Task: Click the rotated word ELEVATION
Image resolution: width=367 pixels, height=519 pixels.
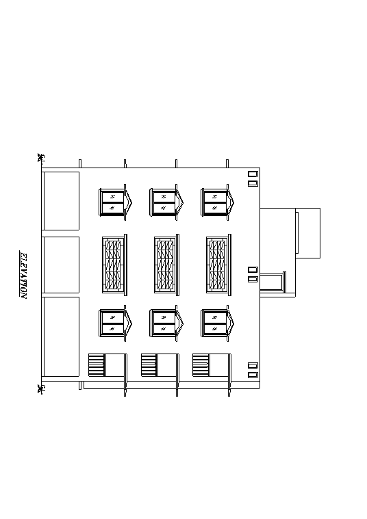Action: tap(24, 276)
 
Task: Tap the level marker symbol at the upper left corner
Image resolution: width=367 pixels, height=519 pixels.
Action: tap(42, 157)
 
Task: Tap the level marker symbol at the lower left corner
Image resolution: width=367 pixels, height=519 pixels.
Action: tap(42, 389)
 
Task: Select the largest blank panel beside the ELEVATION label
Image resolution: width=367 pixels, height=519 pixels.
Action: tap(62, 336)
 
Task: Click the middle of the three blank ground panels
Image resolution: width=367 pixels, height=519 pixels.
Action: tap(62, 265)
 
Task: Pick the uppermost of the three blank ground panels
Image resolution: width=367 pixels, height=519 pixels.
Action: tap(62, 200)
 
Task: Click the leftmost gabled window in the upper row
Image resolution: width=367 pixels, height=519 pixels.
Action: tap(115, 202)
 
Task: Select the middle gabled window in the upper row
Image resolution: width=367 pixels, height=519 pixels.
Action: tap(167, 202)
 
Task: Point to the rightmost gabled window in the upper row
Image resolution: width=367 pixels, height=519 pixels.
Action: tap(218, 202)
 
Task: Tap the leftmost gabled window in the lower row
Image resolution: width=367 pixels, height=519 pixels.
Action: tap(115, 323)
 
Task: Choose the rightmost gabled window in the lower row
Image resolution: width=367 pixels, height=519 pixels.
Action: tap(218, 323)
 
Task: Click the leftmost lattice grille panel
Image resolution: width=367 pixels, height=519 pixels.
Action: tap(114, 265)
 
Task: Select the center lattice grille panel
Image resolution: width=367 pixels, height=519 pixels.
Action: tap(166, 265)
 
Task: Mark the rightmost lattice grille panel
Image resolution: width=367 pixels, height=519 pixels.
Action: tap(218, 265)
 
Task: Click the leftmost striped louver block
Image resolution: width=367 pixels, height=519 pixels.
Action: tap(97, 365)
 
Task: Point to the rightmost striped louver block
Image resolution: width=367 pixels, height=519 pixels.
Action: tap(201, 365)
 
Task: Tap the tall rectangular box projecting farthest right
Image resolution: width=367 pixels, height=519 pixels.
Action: tap(307, 233)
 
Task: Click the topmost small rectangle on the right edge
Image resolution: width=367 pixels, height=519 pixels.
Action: tap(253, 174)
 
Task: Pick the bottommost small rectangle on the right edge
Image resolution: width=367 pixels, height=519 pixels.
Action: tap(253, 375)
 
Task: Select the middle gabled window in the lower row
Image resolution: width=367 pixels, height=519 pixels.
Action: tap(167, 323)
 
